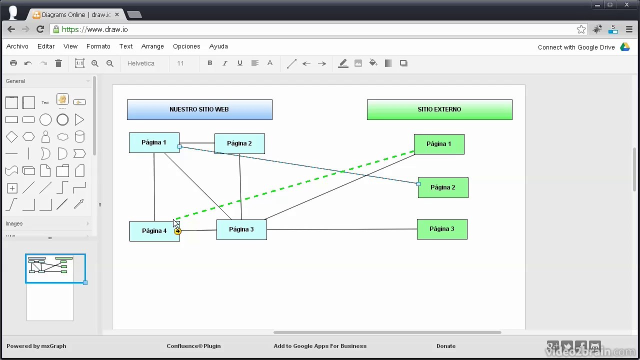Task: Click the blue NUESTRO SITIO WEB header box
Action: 199,109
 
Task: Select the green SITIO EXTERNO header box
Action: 439,109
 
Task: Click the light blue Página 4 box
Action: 154,231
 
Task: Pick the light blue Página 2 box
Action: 239,143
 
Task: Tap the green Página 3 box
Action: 442,229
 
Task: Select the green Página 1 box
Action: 439,144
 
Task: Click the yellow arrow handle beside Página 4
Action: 177,231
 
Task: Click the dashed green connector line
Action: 295,185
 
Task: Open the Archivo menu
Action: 17,46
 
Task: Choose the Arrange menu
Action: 152,46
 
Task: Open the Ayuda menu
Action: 218,46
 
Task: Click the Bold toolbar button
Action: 209,63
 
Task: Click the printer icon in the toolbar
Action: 13,63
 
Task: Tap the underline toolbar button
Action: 240,63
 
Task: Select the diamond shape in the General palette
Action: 11,137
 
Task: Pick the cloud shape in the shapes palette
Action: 62,137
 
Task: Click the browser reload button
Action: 40,29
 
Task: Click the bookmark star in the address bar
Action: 581,29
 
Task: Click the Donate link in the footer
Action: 446,346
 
